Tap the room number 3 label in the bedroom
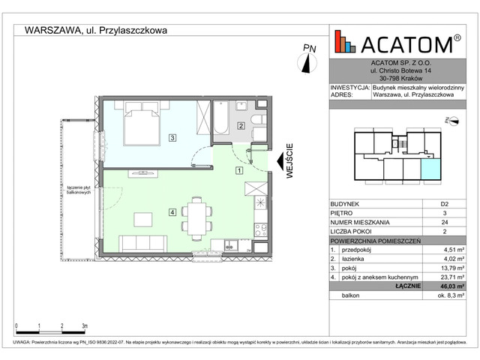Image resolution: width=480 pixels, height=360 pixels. (172, 138)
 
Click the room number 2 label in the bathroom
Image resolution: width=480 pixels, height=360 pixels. (241, 126)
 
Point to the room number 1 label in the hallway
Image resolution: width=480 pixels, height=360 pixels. (238, 170)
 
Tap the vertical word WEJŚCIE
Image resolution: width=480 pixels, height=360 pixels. (289, 160)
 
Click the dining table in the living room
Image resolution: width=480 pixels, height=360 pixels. (197, 217)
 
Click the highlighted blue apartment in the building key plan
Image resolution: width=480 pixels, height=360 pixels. (430, 171)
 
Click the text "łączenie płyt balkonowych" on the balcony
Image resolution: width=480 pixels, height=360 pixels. (76, 190)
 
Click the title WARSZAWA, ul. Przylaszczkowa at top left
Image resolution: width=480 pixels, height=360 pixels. (95, 31)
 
